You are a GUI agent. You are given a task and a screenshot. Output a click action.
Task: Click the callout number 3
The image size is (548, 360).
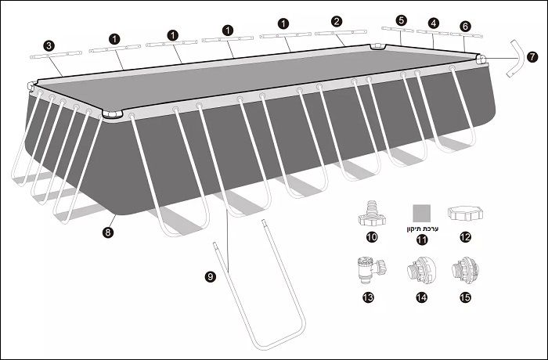[49, 46]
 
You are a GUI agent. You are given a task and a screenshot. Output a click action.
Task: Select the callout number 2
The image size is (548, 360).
[337, 21]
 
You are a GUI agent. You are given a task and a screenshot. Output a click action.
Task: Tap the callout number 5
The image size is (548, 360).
[402, 20]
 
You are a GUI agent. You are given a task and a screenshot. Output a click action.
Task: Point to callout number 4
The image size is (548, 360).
[434, 23]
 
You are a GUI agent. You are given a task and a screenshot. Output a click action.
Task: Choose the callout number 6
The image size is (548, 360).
[466, 26]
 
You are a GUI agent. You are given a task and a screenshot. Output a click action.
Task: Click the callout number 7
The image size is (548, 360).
[532, 57]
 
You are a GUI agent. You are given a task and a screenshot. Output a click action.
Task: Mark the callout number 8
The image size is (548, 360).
[108, 232]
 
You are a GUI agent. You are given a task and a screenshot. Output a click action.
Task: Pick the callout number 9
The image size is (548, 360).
[210, 277]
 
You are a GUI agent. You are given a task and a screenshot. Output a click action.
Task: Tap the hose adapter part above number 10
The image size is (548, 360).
[372, 213]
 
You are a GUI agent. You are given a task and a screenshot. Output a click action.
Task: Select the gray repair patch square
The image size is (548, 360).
[421, 214]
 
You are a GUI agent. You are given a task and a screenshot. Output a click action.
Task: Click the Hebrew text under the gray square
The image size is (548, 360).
[422, 229]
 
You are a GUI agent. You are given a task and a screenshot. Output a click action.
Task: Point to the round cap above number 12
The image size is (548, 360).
[465, 213]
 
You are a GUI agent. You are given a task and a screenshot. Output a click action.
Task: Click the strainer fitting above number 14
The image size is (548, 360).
[422, 269]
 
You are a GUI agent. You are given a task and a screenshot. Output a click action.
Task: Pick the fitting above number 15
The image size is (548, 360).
[465, 269]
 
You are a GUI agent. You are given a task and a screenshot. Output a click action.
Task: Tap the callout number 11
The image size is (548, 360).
[422, 239]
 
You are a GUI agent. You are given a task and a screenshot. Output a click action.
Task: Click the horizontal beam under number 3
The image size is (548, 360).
[56, 56]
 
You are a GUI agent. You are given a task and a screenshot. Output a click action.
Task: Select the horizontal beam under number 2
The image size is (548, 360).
[341, 33]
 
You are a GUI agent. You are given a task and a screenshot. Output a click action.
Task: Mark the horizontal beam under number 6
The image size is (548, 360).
[467, 34]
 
